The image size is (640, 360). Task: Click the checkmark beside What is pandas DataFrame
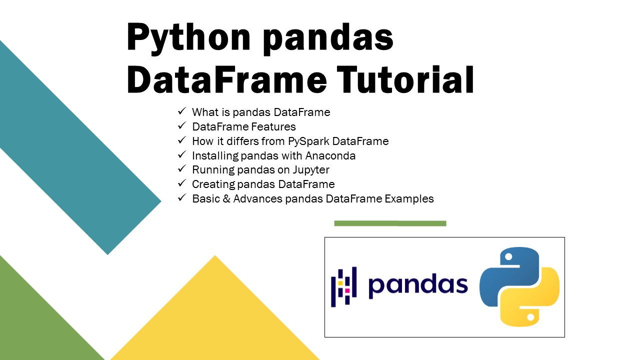[x=181, y=112]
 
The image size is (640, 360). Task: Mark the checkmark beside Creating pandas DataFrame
[x=181, y=184]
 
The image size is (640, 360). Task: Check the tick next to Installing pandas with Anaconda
[x=181, y=155]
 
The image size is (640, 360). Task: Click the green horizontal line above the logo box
[x=390, y=223]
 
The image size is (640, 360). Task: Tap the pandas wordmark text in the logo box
[x=418, y=285]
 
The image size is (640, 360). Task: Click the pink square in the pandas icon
[x=347, y=290]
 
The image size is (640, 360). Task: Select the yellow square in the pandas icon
[x=340, y=283]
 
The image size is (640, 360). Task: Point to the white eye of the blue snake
[x=508, y=256]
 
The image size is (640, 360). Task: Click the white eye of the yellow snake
[x=530, y=317]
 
